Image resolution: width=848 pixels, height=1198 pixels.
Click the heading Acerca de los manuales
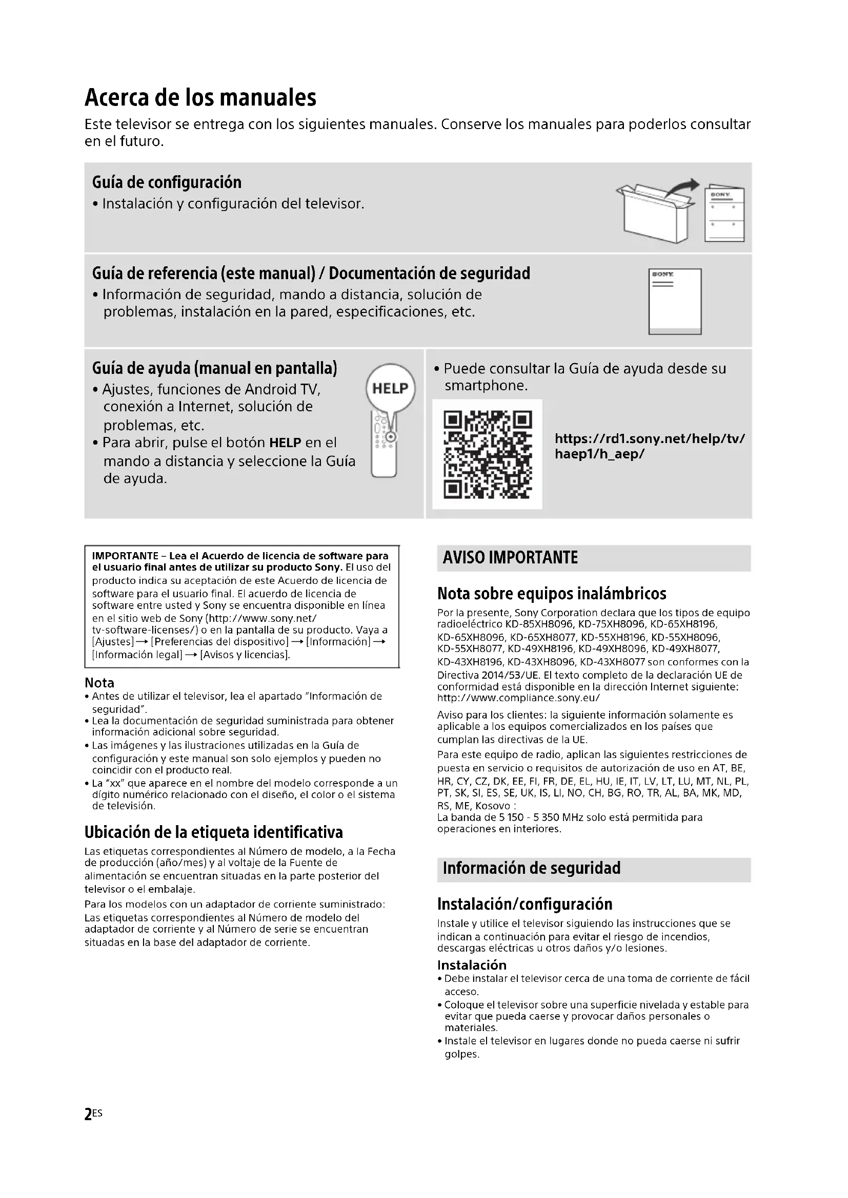pos(200,98)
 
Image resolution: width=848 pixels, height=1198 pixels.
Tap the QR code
pos(487,454)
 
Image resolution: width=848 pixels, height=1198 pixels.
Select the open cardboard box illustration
pos(655,214)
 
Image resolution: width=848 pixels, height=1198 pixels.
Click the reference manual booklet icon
pos(675,301)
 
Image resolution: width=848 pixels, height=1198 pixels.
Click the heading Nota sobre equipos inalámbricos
pos(552,593)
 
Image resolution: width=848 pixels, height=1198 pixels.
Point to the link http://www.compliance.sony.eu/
pos(518,698)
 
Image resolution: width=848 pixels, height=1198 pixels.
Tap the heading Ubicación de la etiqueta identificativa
pos(214,832)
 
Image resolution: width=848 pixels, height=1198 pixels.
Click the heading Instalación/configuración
pos(524,903)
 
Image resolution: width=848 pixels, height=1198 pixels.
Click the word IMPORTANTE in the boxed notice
pos(125,556)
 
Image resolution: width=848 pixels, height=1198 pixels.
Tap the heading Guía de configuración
pos(167,182)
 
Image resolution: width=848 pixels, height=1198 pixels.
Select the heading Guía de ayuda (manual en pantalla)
pos(215,368)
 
